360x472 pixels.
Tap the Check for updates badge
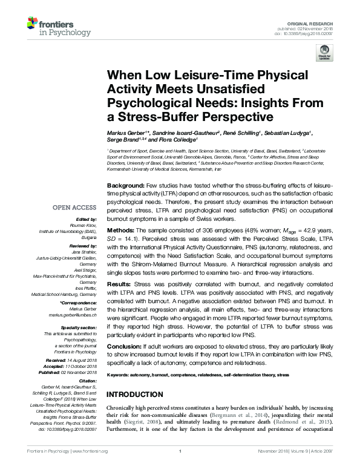[325, 52]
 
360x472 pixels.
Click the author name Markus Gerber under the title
[127, 133]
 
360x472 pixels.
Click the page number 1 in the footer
[180, 468]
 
